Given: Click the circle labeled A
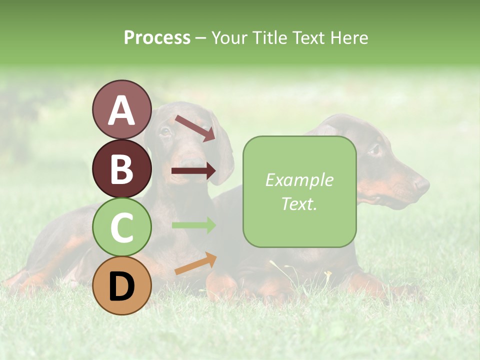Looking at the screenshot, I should [121, 109].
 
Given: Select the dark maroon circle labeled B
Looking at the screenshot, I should [121, 168].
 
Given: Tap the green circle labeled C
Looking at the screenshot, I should [121, 227].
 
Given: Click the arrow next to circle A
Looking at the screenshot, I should [195, 128].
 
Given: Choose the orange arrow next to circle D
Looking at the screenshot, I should [195, 263].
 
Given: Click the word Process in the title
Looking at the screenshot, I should [157, 37].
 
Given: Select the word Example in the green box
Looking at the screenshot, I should [299, 180].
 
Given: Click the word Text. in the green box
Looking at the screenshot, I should [299, 203].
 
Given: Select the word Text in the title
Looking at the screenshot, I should [307, 37].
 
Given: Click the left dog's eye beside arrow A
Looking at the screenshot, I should [165, 131].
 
